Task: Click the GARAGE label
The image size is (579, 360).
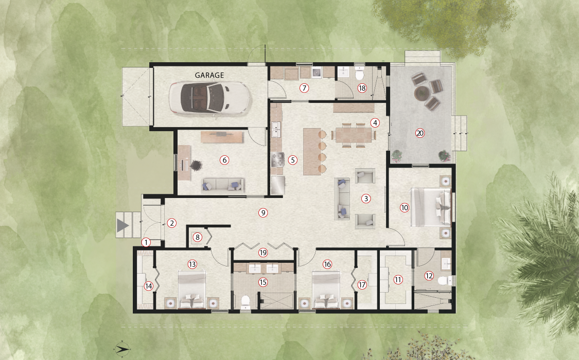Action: pos(209,75)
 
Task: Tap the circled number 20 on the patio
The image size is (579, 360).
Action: pos(420,133)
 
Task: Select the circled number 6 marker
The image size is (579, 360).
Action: pos(224,160)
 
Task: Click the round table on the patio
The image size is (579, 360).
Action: pos(422,92)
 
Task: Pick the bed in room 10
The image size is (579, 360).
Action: pos(431,207)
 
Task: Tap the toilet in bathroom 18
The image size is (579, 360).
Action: pos(359,75)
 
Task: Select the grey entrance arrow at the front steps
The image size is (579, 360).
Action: pos(122,225)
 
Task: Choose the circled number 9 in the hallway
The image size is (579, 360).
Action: pos(263,212)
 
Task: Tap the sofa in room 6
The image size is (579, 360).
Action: pos(223,185)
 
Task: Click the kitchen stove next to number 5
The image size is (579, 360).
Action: pos(277,159)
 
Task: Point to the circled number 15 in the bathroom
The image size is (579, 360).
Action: pos(263,282)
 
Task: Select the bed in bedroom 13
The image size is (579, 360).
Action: pos(192,290)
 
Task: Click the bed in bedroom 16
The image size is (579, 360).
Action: pos(326,290)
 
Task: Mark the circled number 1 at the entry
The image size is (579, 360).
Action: pos(146,242)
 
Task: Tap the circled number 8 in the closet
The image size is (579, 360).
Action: pos(198,237)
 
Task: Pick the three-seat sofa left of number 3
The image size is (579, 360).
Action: pos(342,199)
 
